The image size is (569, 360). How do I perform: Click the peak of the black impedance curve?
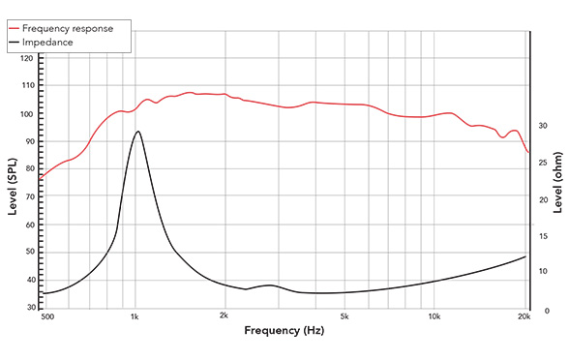point(137,132)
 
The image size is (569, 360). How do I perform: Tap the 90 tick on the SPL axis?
point(27,141)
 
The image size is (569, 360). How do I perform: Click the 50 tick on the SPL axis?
point(27,252)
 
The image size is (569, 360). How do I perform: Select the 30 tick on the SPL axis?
point(27,307)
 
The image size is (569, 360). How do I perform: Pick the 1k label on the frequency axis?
point(135,316)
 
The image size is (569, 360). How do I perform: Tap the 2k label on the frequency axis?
point(225,316)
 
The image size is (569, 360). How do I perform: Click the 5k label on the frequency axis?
point(344,316)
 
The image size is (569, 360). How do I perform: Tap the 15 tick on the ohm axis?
point(546,235)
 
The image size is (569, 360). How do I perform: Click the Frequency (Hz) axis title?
point(284,332)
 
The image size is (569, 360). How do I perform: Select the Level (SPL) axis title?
point(13,182)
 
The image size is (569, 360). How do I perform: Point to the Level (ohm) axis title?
point(558,182)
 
